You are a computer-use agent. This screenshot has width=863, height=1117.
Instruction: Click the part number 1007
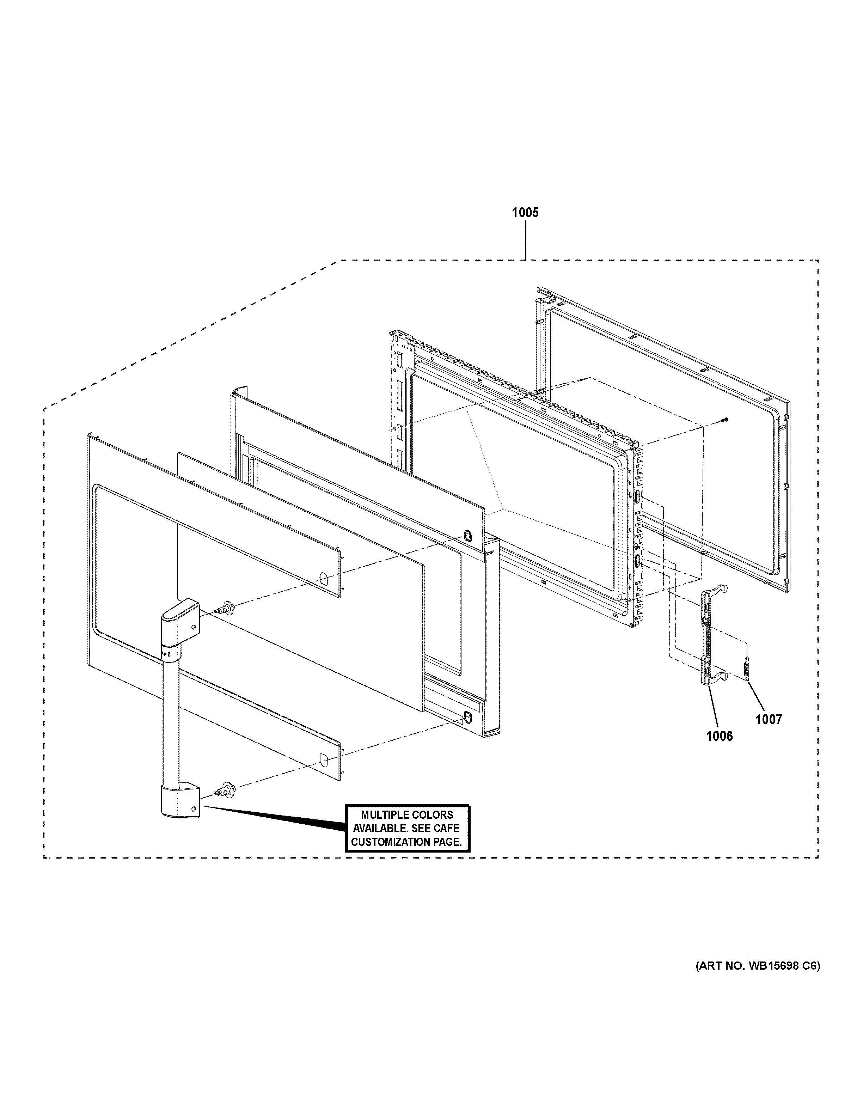769,720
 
